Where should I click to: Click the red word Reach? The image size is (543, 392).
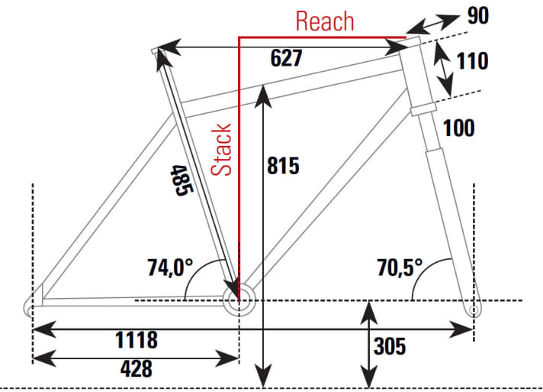pos(325,21)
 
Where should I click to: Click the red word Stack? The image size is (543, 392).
pos(222,149)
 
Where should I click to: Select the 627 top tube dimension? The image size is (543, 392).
pos(287,59)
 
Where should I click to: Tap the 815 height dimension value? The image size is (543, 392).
pos(284,166)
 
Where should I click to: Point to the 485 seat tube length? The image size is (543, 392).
pos(180,180)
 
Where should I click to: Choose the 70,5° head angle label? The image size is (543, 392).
pos(399,267)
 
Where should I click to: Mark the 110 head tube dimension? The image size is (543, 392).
pos(472,60)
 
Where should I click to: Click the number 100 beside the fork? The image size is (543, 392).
pos(458,128)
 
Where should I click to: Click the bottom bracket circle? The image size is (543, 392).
pos(238,299)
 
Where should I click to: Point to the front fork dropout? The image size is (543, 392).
pos(474,308)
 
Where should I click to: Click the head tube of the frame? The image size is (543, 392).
pos(420,76)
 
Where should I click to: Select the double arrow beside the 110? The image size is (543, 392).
pos(443,65)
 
